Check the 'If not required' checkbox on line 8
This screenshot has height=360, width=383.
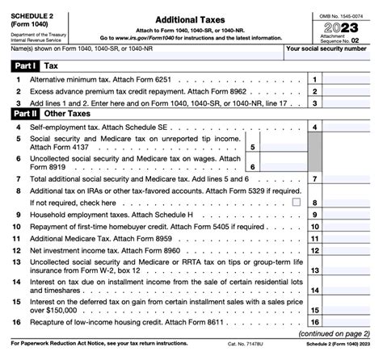click(295, 201)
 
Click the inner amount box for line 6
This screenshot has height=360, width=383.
click(279, 166)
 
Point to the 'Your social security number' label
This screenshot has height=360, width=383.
click(331, 50)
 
